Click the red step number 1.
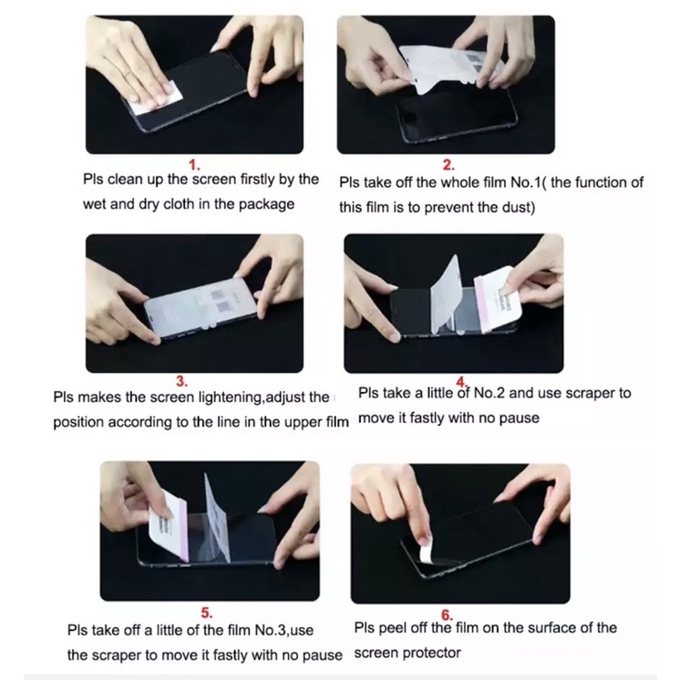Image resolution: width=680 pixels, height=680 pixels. tap(194, 165)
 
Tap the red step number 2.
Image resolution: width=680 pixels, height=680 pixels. tap(448, 165)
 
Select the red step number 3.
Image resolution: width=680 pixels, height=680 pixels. tap(181, 381)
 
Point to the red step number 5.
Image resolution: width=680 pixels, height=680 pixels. tap(206, 613)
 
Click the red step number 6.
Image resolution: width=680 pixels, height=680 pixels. tap(447, 615)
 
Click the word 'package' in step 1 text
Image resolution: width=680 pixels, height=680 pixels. tap(266, 205)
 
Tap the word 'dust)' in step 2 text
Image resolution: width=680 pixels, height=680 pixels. tap(519, 207)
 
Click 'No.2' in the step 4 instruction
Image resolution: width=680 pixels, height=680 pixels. tap(489, 393)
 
